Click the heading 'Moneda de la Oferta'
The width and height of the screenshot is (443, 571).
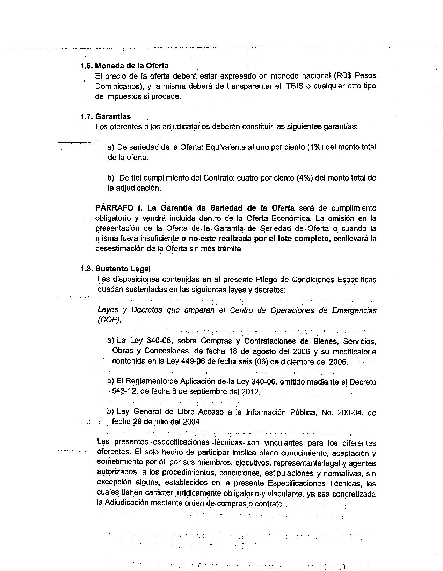coord(132,66)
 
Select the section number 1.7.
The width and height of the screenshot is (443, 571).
coord(87,116)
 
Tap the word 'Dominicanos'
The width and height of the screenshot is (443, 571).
coord(118,86)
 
